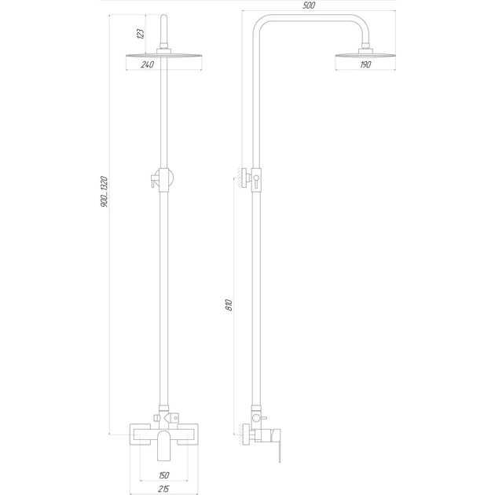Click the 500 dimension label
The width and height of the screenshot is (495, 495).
click(309, 5)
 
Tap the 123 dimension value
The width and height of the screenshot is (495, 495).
click(141, 34)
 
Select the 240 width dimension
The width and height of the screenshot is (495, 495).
click(148, 64)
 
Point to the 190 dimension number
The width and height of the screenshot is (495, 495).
click(365, 64)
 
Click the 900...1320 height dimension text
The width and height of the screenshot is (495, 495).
click(104, 192)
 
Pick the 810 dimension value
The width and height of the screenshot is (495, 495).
click(229, 305)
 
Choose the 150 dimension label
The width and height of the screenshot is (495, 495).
click(164, 475)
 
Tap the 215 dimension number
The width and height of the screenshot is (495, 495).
click(163, 489)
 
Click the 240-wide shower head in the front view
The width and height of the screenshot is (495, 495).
click(164, 56)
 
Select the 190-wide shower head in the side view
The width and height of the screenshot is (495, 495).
click(365, 55)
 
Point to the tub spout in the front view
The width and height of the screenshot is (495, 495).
click(163, 445)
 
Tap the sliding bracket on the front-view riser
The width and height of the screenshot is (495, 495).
click(163, 180)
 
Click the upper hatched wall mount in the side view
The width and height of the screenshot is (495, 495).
click(244, 178)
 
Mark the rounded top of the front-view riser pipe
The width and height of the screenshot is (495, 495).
click(164, 17)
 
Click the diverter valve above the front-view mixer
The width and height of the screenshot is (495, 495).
click(166, 418)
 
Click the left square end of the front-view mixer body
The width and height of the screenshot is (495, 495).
click(140, 434)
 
